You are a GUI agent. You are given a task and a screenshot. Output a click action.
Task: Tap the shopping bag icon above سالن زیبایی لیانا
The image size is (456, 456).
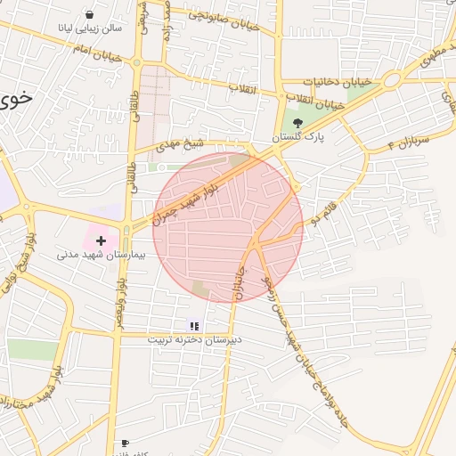coord(91,14)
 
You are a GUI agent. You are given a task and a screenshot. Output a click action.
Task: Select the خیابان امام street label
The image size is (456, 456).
coord(95,55)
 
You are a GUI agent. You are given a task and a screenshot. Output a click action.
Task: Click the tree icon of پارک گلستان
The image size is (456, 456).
coord(297,123)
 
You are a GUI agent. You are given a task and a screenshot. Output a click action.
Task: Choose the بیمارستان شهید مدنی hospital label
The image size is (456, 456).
coord(94,255)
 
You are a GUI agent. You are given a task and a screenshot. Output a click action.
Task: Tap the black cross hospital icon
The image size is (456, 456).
coord(101,240)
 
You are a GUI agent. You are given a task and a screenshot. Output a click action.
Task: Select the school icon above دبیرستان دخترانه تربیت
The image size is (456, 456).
coord(194,326)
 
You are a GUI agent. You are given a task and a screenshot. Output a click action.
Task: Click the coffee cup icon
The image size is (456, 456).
coord(125,443)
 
